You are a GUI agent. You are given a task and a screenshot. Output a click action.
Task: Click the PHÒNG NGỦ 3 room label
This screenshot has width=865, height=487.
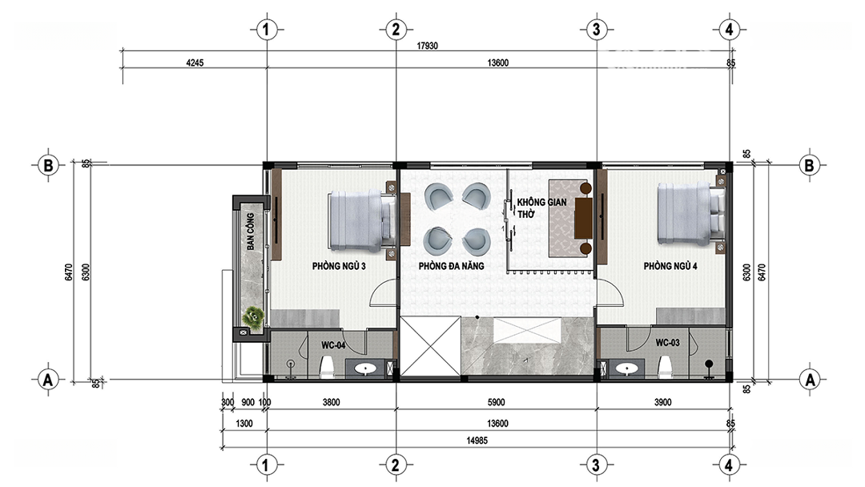coord(339,266)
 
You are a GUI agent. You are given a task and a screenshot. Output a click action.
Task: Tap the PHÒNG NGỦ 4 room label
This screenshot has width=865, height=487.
coord(670,266)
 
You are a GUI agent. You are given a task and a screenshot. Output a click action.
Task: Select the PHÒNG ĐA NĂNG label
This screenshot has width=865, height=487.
coord(451,266)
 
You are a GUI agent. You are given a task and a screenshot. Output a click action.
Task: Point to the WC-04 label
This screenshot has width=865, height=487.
coord(333,345)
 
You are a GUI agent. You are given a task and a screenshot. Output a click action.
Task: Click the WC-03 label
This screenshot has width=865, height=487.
coord(667,343)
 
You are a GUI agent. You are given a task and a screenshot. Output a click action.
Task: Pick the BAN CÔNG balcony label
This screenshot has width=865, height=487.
coord(251,231)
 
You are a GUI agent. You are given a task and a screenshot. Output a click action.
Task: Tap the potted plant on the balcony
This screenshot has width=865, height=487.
coord(255,318)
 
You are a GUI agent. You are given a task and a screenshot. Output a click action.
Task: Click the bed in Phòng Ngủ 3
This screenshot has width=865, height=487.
coord(362,221)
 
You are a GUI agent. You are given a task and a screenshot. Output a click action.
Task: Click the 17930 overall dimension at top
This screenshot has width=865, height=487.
coord(428,46)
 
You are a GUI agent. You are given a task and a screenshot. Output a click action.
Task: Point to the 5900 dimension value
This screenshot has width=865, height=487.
coord(496,403)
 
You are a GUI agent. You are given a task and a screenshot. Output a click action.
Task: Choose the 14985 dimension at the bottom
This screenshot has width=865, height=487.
coord(477,440)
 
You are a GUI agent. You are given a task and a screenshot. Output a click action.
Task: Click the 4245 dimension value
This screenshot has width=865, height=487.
coord(195,62)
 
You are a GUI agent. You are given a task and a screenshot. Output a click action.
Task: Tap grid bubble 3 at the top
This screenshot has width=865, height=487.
coord(596,29)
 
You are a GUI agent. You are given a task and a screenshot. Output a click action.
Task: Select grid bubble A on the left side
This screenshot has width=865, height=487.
coord(49,380)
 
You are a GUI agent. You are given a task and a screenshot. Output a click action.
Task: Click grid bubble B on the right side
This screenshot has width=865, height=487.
coord(809,165)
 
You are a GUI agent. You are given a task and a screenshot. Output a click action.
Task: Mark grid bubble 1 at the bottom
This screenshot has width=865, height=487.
coord(266,465)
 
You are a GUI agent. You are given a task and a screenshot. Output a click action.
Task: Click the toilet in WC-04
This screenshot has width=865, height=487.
coord(327,367)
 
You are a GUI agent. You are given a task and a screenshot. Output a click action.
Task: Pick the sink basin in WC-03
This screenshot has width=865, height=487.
coord(626,368)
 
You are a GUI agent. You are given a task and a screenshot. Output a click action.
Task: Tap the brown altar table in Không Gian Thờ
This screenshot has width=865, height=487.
coord(583,219)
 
